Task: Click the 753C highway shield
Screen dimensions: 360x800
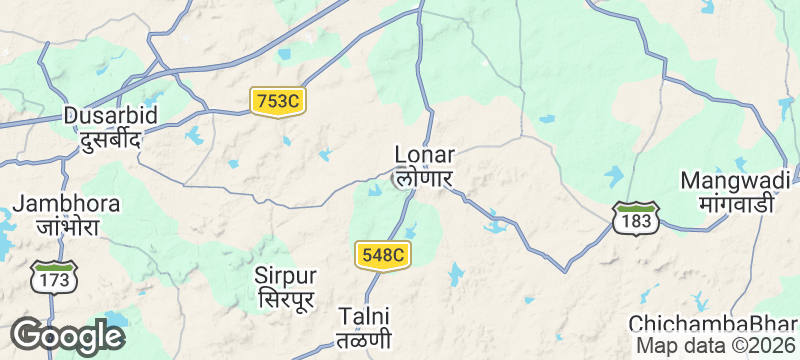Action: tap(278, 101)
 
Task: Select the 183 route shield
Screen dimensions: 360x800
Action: tap(636, 218)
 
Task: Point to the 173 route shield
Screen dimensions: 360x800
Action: tap(54, 276)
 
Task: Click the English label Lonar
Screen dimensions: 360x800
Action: tap(425, 155)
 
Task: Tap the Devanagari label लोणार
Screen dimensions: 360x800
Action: tap(425, 179)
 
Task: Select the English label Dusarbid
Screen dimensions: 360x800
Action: tap(110, 116)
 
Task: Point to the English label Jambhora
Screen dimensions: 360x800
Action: tap(67, 204)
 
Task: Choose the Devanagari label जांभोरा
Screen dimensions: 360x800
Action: tap(67, 227)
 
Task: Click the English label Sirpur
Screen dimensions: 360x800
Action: tap(285, 275)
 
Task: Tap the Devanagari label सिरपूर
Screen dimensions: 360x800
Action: tap(285, 299)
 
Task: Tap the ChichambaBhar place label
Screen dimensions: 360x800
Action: tap(712, 325)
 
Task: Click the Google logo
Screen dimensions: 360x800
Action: tap(66, 335)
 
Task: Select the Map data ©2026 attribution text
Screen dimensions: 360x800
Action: tap(716, 345)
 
